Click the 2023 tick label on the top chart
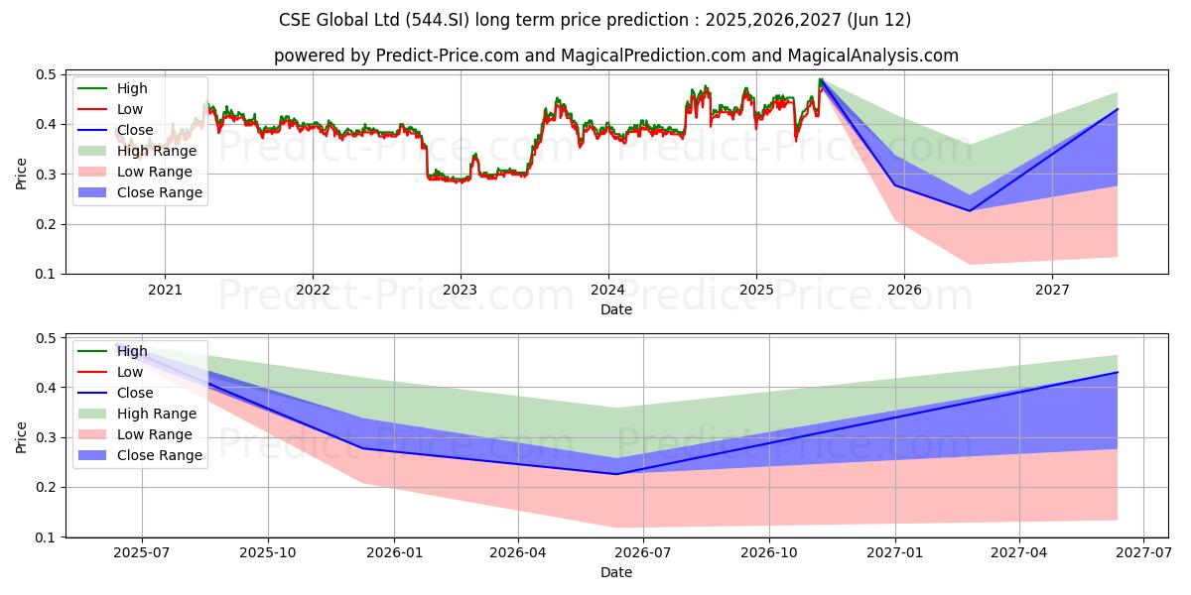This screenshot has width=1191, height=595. (x=460, y=290)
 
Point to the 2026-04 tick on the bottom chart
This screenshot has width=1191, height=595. (x=518, y=553)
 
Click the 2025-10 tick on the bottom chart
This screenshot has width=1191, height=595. (x=268, y=553)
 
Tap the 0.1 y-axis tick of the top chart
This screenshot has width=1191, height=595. (x=46, y=274)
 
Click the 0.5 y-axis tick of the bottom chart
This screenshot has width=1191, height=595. (x=46, y=338)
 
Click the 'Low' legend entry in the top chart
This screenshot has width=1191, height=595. (x=130, y=109)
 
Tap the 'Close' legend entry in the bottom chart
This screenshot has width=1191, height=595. (x=134, y=393)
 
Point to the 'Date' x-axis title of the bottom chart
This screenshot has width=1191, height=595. (x=615, y=572)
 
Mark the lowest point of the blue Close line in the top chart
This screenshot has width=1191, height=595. (x=970, y=210)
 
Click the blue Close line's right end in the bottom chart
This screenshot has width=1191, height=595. (x=1118, y=372)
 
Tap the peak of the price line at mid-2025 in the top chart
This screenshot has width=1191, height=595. (x=821, y=79)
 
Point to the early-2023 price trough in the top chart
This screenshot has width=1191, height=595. (x=456, y=182)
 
